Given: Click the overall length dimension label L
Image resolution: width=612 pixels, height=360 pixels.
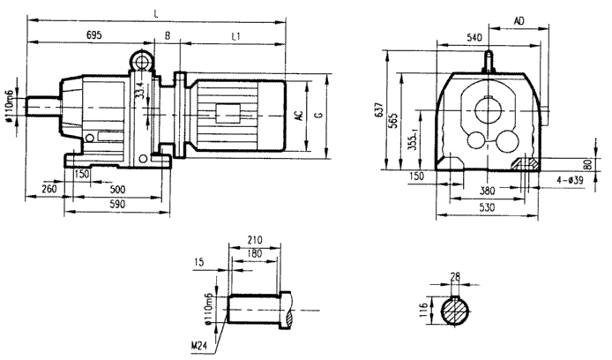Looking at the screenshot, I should click(156, 12).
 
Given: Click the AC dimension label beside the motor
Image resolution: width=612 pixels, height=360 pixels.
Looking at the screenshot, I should click(300, 116).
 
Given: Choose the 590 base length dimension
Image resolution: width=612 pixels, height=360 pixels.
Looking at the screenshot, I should click(115, 205).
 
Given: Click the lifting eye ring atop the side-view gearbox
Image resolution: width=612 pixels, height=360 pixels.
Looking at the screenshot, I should click(141, 60).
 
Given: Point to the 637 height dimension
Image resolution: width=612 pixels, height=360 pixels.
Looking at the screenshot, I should click(379, 111).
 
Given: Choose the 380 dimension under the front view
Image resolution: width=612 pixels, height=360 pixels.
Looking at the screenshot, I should click(487, 190).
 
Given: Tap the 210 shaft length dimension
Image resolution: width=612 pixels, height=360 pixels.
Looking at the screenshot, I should click(256, 238).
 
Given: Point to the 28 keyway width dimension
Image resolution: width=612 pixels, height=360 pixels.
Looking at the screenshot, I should click(454, 278).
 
